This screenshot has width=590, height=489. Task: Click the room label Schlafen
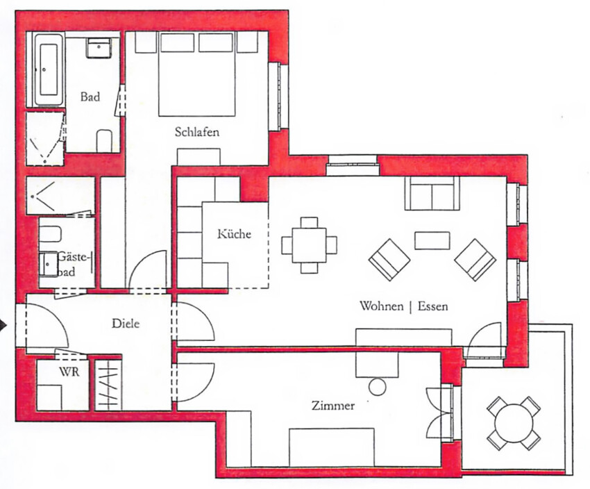[x=197, y=132]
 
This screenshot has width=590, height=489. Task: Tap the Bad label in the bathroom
[x=90, y=97]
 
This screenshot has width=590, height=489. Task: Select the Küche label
[x=234, y=234]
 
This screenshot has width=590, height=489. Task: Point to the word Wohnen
[x=381, y=306]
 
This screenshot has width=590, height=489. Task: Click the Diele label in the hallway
[x=126, y=324]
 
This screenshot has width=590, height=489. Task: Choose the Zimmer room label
[x=333, y=406]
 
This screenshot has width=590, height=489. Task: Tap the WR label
[x=69, y=372]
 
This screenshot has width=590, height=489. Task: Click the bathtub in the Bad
[x=49, y=70]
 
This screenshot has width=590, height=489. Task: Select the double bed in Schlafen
[x=197, y=74]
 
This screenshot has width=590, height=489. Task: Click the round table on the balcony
[x=514, y=423]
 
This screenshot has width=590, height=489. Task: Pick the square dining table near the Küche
[x=310, y=245]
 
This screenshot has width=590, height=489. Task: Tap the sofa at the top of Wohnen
[x=432, y=193]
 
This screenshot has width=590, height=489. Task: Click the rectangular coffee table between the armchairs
[x=432, y=240]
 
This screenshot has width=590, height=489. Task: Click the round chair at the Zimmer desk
[x=378, y=387]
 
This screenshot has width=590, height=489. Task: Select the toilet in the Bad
[x=104, y=141]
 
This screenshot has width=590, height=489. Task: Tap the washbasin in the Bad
[x=99, y=47]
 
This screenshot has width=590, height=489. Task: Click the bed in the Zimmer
[x=332, y=447]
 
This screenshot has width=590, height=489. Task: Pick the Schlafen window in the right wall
[x=278, y=97]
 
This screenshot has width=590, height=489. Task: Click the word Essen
[x=433, y=306]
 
